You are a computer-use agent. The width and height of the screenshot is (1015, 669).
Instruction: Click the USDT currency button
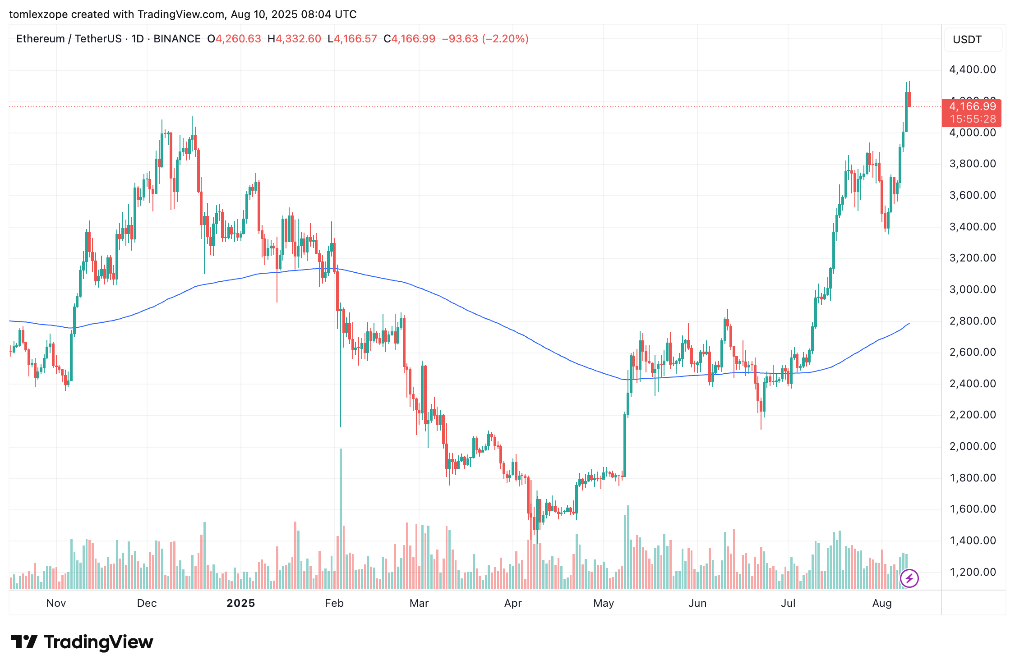point(973,40)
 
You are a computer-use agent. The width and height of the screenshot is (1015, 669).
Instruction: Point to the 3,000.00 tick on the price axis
point(973,289)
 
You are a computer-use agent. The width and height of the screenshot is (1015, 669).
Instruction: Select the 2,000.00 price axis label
point(973,446)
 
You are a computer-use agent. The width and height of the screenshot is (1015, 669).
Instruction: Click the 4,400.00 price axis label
point(973,69)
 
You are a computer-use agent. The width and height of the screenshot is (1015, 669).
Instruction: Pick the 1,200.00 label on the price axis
point(973,572)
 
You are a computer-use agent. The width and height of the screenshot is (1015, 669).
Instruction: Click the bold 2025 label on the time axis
point(241,603)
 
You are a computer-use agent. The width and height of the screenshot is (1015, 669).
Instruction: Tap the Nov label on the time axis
point(56,603)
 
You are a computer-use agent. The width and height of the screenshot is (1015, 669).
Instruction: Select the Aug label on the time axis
point(882,603)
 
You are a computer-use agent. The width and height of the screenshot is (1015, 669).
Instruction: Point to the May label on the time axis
point(604,603)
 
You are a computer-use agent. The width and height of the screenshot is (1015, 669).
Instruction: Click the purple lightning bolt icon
point(909,578)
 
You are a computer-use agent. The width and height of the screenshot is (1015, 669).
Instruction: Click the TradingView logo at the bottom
point(82,642)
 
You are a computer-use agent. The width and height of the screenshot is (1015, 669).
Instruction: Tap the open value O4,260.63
point(234,39)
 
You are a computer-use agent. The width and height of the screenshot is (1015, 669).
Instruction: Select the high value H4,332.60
point(294,39)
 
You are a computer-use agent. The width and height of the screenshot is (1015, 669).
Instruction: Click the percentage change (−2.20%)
point(505,39)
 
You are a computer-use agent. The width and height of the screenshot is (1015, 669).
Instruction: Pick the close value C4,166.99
point(410,39)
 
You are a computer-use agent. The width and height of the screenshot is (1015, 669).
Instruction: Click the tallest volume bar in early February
point(341,519)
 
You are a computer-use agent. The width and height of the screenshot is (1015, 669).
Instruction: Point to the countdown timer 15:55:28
point(973,119)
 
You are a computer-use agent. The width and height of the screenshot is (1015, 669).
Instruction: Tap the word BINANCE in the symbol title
point(177,39)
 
